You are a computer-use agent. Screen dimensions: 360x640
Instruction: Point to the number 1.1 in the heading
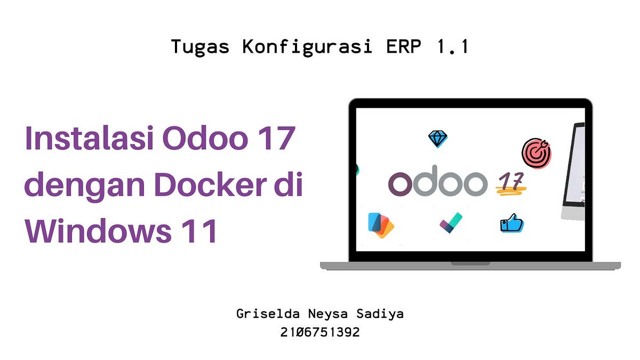click(452, 47)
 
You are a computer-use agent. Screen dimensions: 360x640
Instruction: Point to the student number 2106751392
click(320, 332)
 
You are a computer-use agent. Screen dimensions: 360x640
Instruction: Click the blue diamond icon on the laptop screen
click(438, 139)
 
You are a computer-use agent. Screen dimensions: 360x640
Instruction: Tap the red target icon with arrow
click(536, 153)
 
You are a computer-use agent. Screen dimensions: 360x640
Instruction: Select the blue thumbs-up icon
click(511, 223)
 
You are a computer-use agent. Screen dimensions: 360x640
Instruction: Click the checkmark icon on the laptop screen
click(451, 223)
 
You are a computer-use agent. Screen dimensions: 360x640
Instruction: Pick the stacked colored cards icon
click(381, 225)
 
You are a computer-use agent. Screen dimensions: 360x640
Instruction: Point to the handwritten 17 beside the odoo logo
click(511, 183)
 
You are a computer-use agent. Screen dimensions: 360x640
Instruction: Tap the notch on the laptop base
click(470, 263)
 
